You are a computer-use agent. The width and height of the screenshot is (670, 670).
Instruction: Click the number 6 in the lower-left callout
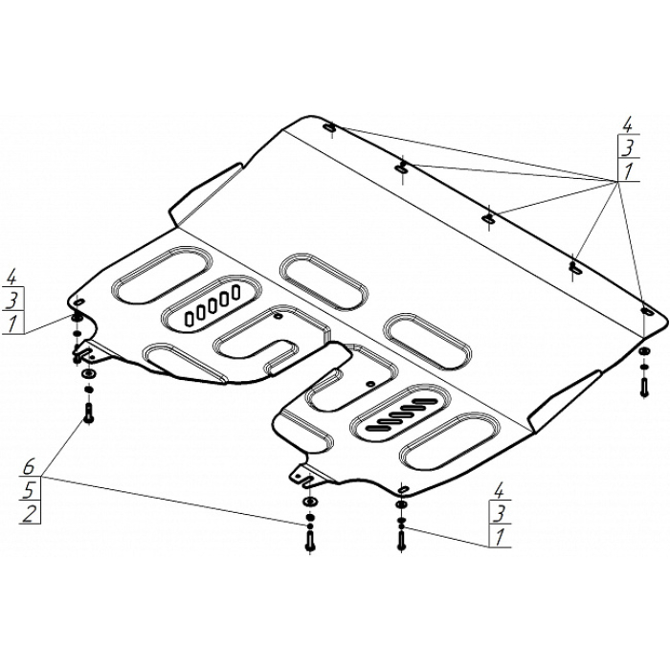pos(29,467)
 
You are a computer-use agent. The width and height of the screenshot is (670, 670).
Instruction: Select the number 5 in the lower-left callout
pos(29,490)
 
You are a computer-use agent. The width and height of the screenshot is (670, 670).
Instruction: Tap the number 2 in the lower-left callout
pos(29,514)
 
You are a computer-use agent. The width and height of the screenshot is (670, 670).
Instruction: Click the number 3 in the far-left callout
pos(11,300)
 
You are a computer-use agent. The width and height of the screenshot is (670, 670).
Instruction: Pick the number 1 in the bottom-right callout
pos(500,538)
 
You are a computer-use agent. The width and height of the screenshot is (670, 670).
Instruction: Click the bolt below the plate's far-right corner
pos(644,386)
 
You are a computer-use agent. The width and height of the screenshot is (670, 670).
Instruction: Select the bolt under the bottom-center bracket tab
pos(309,541)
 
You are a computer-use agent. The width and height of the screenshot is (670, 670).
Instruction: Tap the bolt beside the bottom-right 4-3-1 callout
pos(401,540)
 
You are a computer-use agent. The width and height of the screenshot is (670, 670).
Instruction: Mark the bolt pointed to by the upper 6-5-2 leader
pos(88,413)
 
